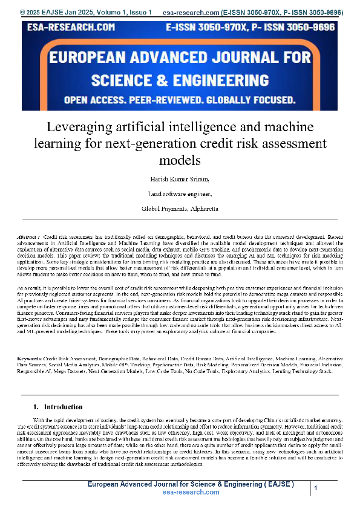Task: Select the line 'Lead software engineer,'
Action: (180, 194)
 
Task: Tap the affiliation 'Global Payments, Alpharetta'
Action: (180, 208)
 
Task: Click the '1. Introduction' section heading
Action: (58, 407)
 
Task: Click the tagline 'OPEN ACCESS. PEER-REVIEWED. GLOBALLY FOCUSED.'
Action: (180, 100)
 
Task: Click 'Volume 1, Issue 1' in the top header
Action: (116, 12)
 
